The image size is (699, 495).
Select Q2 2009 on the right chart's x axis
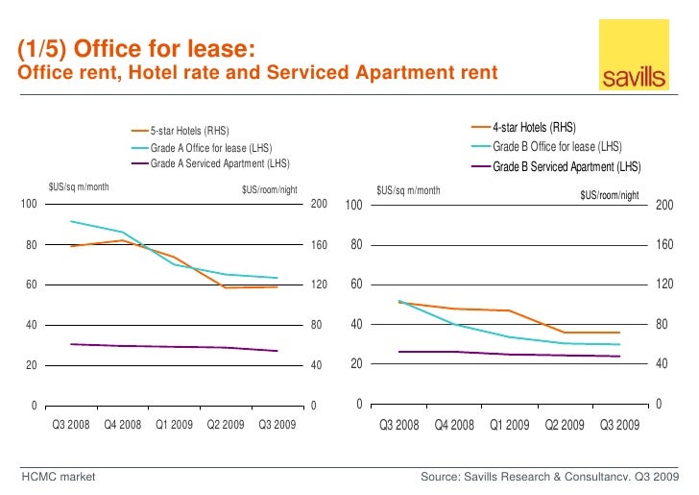565,424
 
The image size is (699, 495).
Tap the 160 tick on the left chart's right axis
320,245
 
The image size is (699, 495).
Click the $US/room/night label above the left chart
272,189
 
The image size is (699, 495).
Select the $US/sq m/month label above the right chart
408,190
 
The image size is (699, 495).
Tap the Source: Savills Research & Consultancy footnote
550,477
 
